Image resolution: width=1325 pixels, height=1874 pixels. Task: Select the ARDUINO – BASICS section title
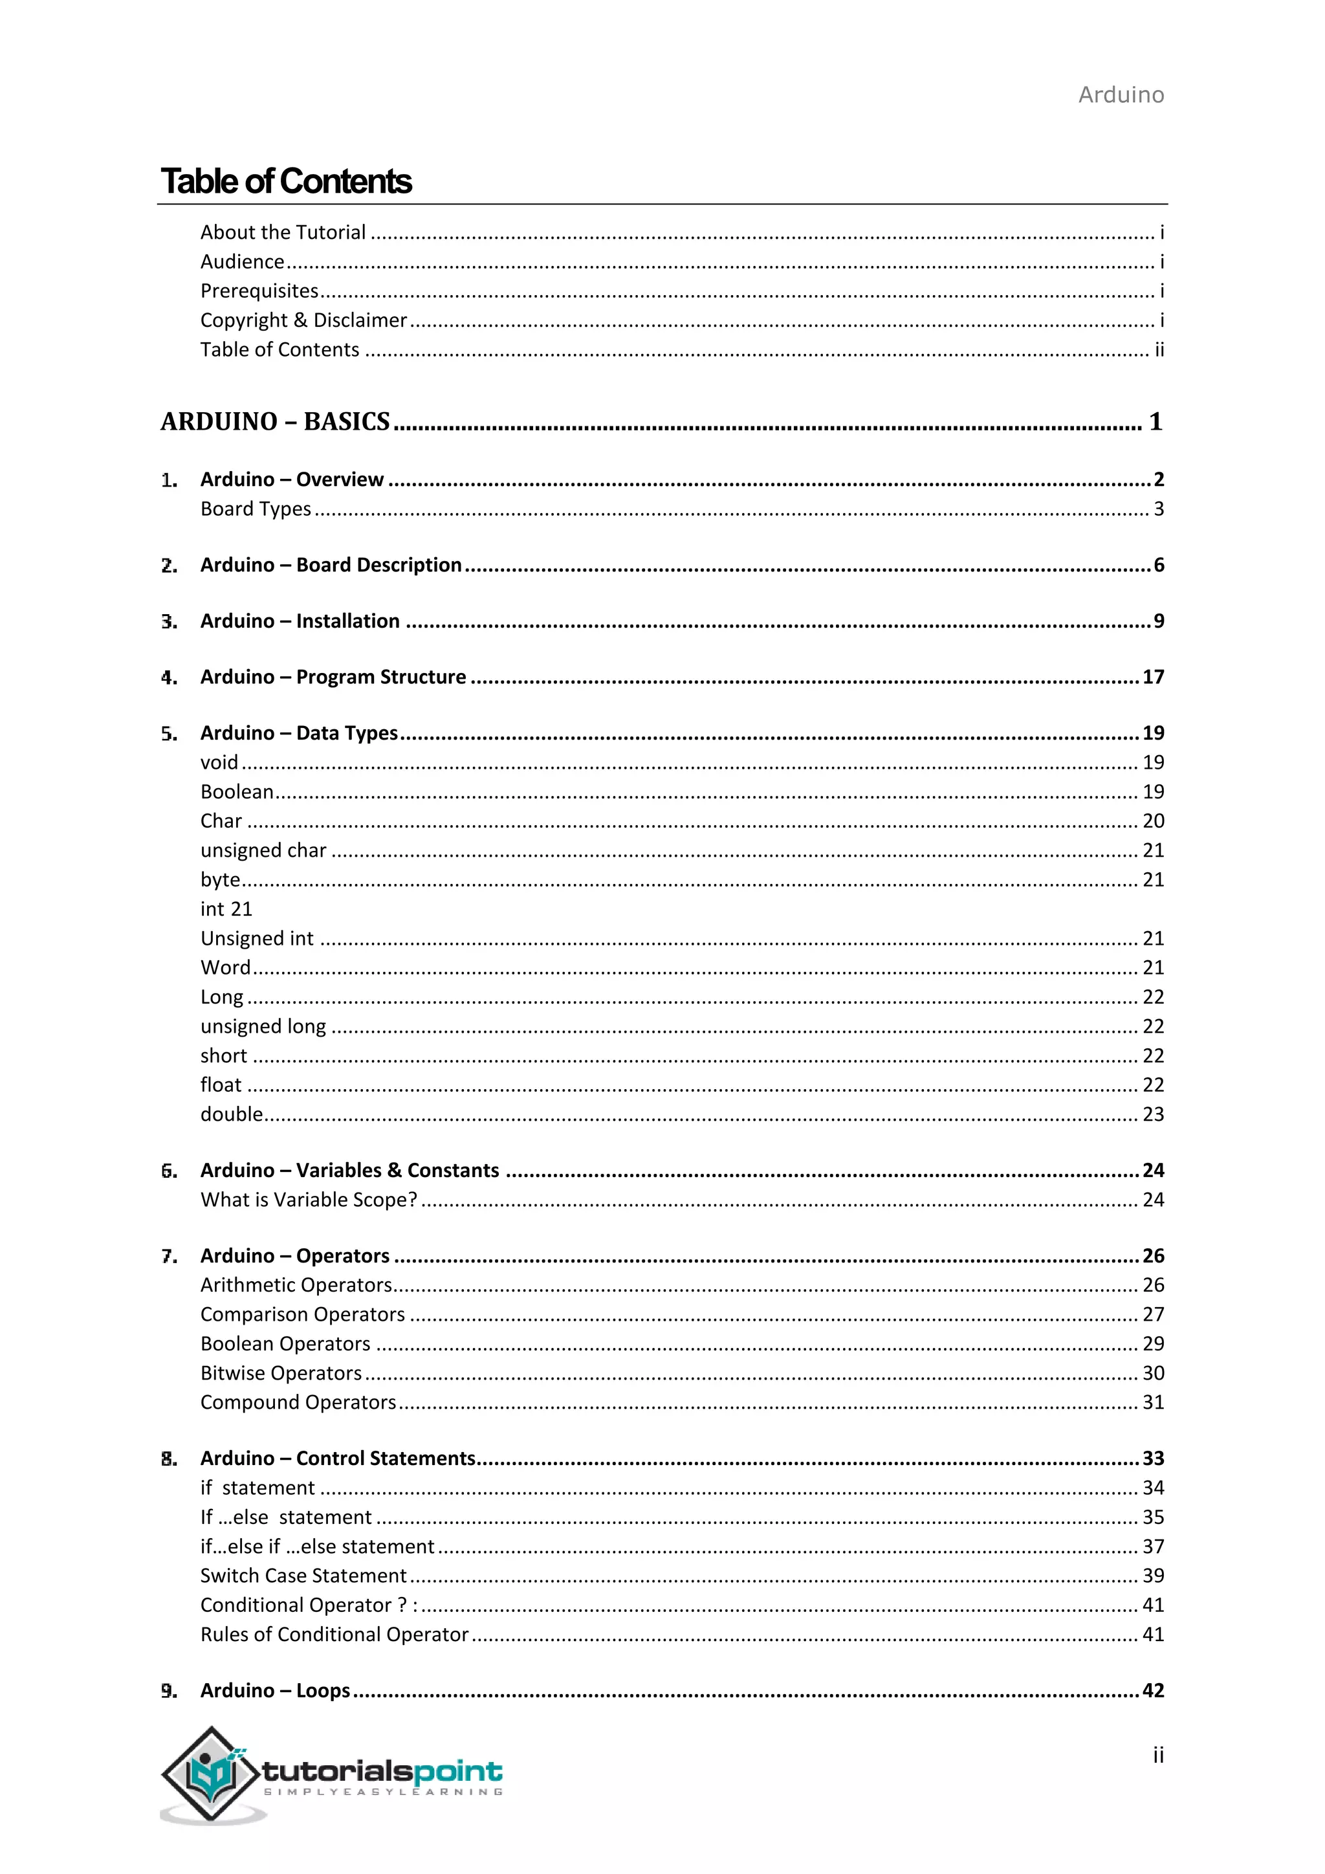[x=275, y=421]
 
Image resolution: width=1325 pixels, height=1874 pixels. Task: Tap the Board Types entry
[x=256, y=509]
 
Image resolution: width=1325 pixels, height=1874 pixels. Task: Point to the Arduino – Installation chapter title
[x=300, y=621]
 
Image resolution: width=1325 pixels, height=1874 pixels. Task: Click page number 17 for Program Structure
[x=1152, y=678]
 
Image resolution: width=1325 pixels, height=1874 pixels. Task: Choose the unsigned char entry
[x=263, y=850]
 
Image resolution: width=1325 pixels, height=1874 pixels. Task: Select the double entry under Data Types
[x=232, y=1114]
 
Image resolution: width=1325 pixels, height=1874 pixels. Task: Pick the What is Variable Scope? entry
[x=309, y=1200]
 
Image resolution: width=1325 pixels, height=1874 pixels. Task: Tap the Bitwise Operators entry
[x=281, y=1373]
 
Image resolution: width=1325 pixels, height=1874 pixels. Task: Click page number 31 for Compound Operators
[x=1152, y=1402]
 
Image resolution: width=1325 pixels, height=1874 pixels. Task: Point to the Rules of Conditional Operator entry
[x=334, y=1634]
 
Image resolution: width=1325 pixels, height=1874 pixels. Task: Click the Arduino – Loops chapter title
[x=275, y=1690]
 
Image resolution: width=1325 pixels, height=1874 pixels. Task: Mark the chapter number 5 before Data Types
[x=168, y=734]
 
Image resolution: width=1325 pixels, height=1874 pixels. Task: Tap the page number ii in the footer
[x=1157, y=1755]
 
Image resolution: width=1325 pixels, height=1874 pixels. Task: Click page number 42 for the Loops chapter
[x=1152, y=1690]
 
